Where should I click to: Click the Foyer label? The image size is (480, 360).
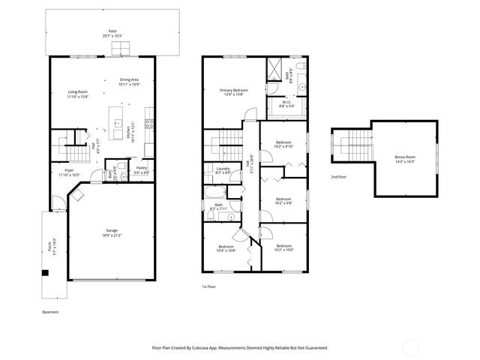[68, 170]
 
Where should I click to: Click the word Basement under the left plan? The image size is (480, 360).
[50, 312]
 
